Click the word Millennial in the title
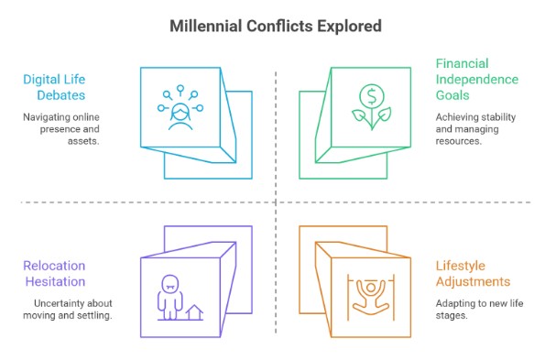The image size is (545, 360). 208,26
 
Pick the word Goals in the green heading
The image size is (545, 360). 454,96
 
